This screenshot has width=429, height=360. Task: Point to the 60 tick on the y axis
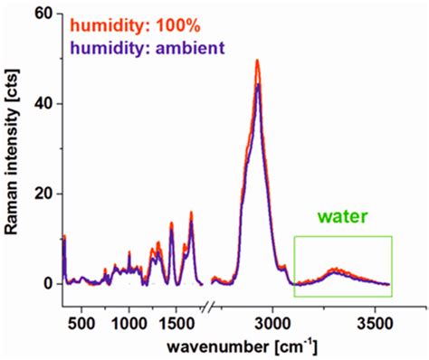click(x=43, y=14)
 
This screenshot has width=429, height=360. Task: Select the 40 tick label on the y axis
click(x=43, y=104)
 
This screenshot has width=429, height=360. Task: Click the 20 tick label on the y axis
click(x=43, y=194)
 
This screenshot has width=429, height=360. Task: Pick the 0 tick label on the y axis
click(x=47, y=283)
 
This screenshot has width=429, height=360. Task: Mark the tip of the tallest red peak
click(x=258, y=62)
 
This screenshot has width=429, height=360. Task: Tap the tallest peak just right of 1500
click(x=191, y=213)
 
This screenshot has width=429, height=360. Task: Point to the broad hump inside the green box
click(x=336, y=270)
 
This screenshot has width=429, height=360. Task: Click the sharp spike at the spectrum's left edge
click(x=64, y=237)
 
